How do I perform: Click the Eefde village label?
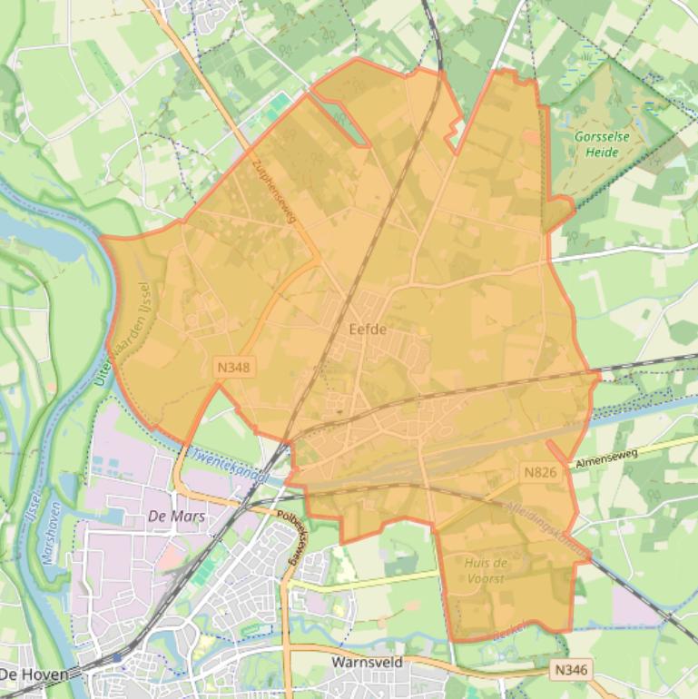click(368, 330)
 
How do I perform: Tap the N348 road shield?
click(233, 368)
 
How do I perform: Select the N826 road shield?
click(539, 472)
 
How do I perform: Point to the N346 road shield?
click(571, 668)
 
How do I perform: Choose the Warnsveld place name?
click(367, 664)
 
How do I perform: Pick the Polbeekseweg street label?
click(293, 539)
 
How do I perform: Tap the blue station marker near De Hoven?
click(117, 656)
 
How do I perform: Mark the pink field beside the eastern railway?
click(635, 605)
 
